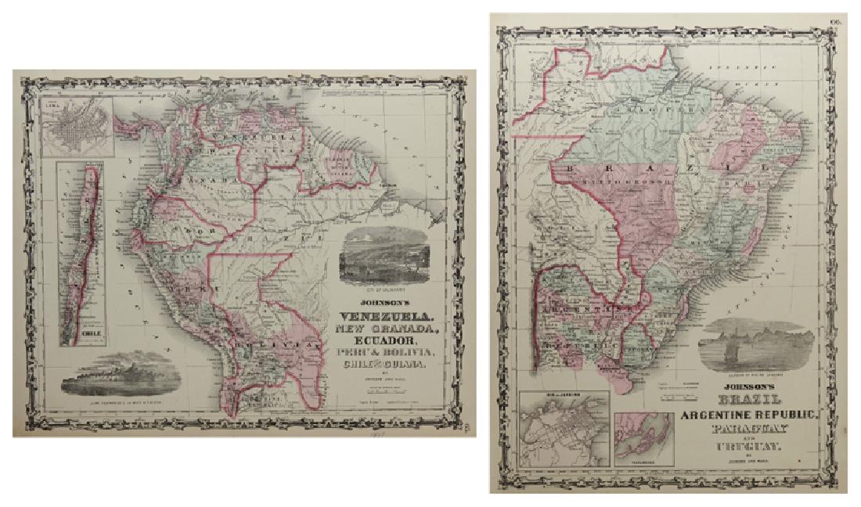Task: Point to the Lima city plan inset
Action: coord(77,126)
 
